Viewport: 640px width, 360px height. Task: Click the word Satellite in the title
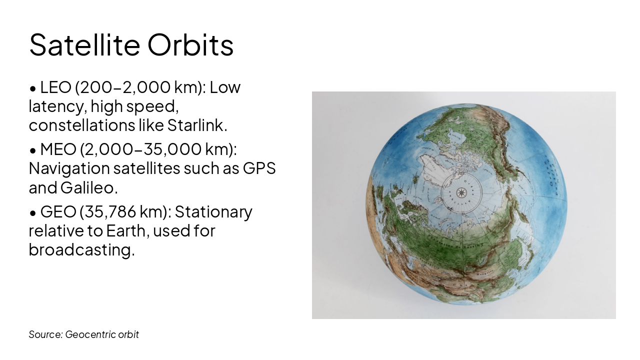coord(84,45)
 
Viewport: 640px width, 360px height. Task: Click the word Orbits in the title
coord(190,45)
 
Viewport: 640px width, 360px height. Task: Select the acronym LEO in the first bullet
coord(55,87)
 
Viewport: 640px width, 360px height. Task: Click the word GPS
coord(259,168)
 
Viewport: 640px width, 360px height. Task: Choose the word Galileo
coord(89,188)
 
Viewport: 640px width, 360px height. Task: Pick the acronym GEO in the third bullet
coord(57,212)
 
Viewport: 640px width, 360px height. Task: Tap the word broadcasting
coord(81,250)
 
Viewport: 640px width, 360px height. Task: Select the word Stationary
coord(213,212)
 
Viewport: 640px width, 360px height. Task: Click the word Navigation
coord(69,168)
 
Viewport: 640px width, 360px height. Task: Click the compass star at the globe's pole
coord(461,192)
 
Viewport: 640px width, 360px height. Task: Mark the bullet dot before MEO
coord(33,150)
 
